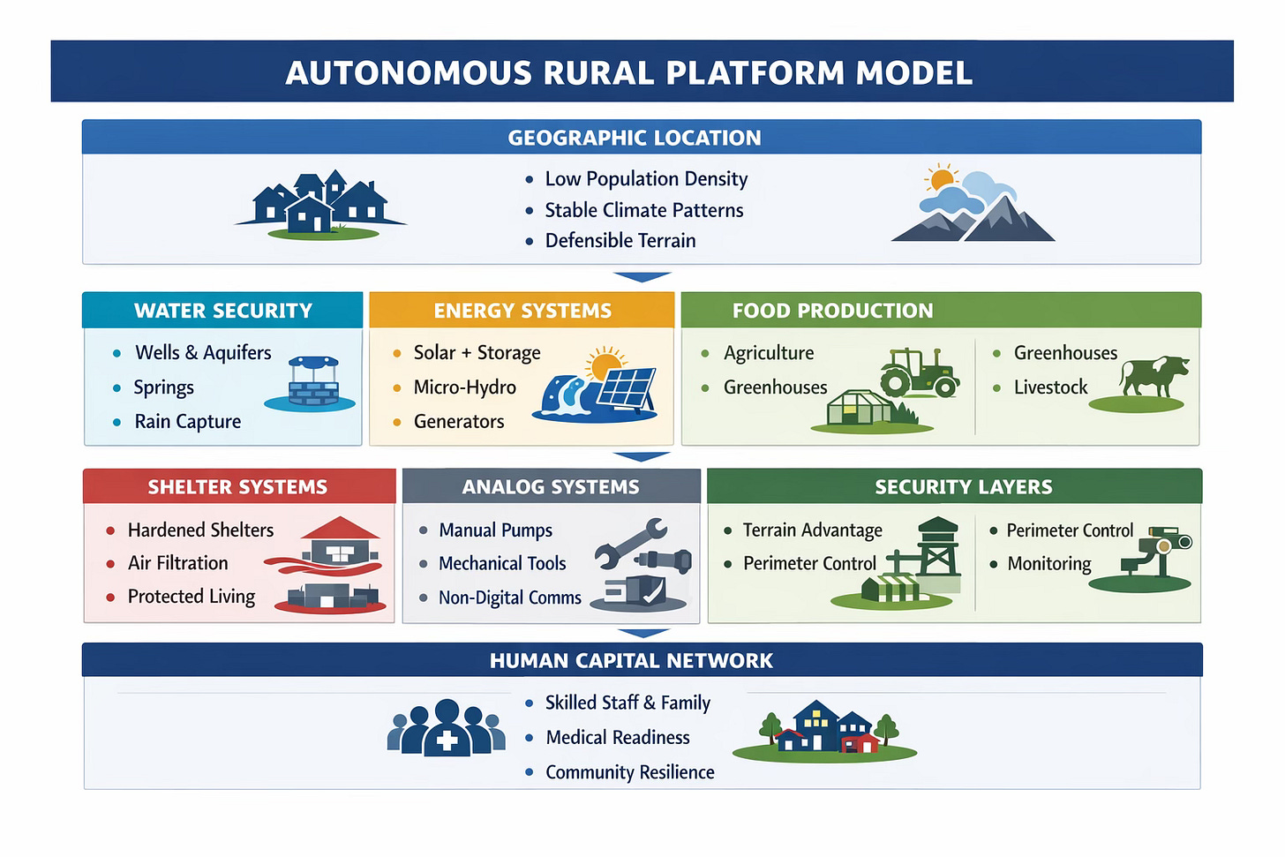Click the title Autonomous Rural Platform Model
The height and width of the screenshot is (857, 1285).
[628, 72]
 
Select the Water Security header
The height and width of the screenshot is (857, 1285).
[223, 311]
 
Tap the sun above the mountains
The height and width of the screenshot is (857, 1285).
[942, 177]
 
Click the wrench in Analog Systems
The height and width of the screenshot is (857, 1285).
[630, 540]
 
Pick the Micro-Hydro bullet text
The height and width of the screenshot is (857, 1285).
[464, 387]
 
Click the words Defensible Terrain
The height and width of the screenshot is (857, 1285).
[620, 241]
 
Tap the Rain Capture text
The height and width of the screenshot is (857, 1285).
[187, 422]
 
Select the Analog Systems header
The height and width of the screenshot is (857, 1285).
[551, 487]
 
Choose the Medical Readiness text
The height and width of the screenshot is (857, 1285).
[617, 738]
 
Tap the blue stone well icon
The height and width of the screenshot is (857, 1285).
[313, 383]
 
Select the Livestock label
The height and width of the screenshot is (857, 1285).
[1050, 387]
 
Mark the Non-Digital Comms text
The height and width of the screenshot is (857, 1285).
[509, 598]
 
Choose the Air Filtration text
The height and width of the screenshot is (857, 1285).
[177, 563]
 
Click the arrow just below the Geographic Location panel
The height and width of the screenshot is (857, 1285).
[642, 277]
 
